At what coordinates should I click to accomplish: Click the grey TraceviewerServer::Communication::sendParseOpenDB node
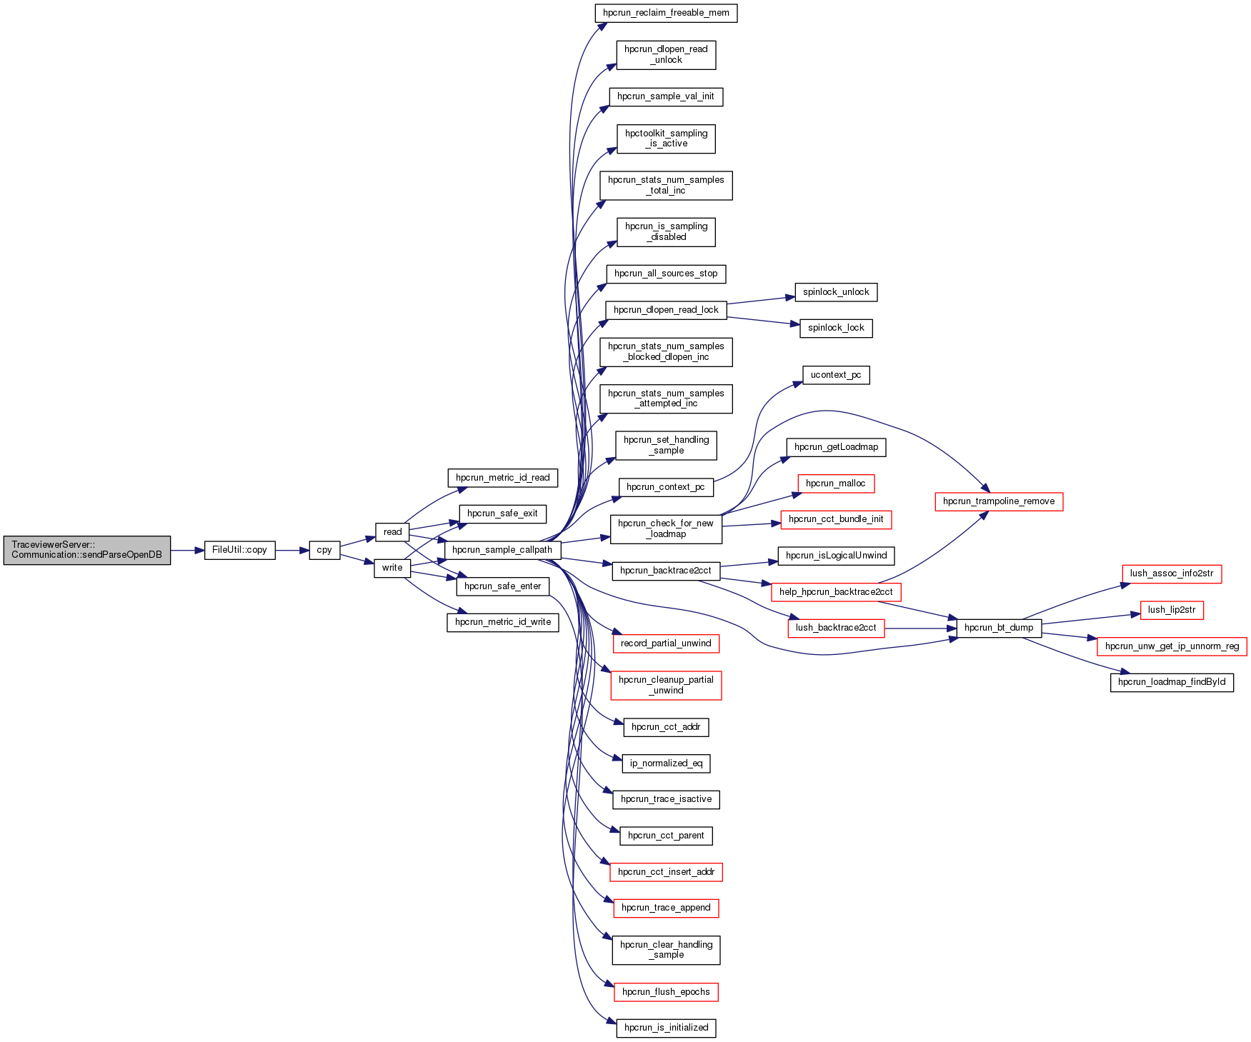coord(86,550)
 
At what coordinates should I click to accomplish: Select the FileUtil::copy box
coord(239,550)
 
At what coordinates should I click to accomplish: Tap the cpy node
coord(324,550)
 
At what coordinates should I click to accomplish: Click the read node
coord(392,532)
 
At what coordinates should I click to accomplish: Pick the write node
coord(392,568)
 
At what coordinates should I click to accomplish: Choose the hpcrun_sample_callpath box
coord(502,550)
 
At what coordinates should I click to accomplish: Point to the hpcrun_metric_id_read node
coord(502,478)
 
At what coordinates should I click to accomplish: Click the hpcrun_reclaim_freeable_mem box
coord(666,13)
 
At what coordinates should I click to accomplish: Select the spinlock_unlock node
coord(836,292)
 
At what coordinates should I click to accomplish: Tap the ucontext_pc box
coord(836,375)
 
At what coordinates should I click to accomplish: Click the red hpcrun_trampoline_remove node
coord(999,501)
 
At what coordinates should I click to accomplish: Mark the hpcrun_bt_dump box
coord(999,628)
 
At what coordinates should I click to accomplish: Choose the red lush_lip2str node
coord(1172,610)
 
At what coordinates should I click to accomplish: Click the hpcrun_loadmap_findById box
coord(1172,682)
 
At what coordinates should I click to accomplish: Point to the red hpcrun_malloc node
coord(836,484)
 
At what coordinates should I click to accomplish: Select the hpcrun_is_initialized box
coord(666,1028)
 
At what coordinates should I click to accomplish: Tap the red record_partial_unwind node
coord(666,643)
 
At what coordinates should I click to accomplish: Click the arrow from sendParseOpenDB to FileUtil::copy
coord(187,551)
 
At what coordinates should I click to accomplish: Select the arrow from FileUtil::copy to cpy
coord(291,551)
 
